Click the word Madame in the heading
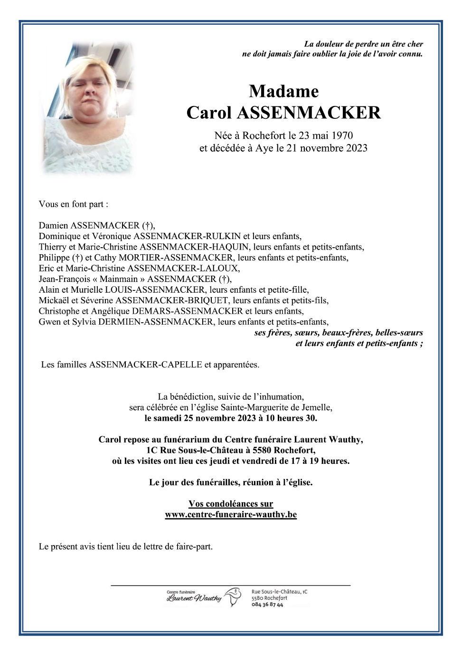pos(283,91)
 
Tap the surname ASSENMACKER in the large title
pos(309,113)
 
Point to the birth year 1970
pos(342,136)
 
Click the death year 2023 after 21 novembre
pos(357,148)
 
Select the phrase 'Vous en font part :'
pos(74,204)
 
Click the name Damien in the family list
pos(54,226)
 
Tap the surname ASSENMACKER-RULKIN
pos(187,236)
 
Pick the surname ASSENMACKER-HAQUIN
pos(194,247)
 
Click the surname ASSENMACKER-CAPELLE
pos(146,365)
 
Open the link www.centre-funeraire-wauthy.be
pos(231,514)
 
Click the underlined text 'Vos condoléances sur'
pos(231,504)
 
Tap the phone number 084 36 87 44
pos(267,605)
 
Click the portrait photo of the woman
pos(88,108)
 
